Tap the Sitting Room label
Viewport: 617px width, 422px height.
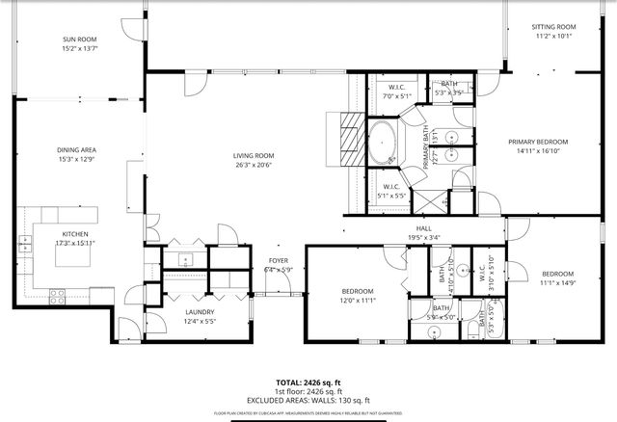553,27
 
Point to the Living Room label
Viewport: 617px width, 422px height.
254,155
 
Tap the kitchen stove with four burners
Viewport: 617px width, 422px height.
55,294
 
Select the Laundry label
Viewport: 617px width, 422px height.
200,312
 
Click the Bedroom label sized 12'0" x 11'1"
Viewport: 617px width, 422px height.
357,291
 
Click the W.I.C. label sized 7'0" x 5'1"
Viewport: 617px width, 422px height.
395,88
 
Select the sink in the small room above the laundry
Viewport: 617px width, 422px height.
185,258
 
